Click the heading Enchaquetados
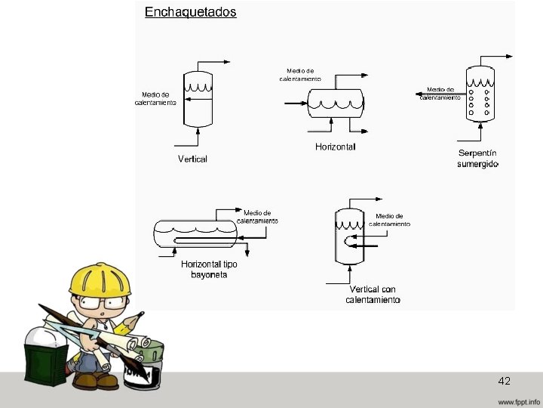[190, 12]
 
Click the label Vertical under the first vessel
[192, 159]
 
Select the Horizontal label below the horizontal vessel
[335, 147]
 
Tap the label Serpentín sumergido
[478, 159]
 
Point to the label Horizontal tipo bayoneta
[204, 270]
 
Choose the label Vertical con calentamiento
[373, 295]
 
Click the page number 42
[505, 382]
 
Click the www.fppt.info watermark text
[519, 400]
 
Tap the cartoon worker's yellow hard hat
[100, 279]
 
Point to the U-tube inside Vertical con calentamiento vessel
[349, 243]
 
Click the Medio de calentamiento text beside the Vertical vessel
[155, 98]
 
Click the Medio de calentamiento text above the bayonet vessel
[257, 216]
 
